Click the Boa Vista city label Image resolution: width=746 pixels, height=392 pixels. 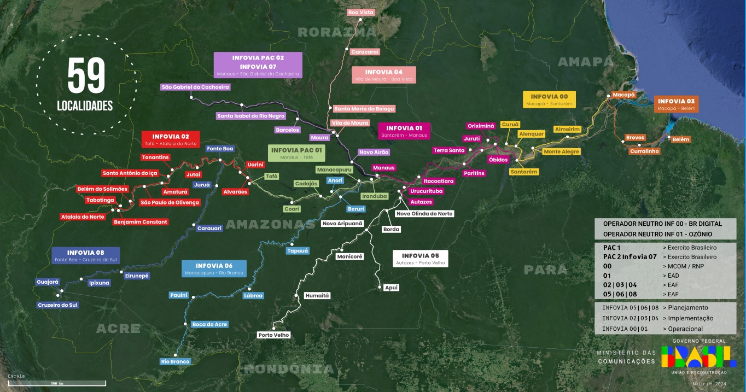click(361, 12)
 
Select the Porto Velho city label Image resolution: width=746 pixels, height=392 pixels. click(274, 335)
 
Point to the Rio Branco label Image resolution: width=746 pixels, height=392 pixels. click(176, 361)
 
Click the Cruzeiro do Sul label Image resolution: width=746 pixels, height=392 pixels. click(57, 305)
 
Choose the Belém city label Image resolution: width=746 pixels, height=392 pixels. click(681, 139)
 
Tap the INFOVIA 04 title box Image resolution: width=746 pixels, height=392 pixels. click(383, 75)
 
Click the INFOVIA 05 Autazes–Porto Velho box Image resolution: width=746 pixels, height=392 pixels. click(420, 259)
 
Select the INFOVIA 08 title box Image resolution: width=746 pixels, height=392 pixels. click(85, 255)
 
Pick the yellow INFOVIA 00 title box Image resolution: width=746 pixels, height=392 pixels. click(549, 100)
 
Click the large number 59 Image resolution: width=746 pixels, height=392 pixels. click(86, 77)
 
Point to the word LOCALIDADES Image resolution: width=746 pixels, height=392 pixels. click(85, 106)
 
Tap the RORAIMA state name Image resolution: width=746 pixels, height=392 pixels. click(337, 32)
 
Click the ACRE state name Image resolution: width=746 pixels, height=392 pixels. click(118, 329)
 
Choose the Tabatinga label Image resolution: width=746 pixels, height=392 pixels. click(100, 200)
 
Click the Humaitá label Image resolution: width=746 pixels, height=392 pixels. click(317, 295)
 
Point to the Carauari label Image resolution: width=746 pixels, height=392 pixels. click(209, 228)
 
